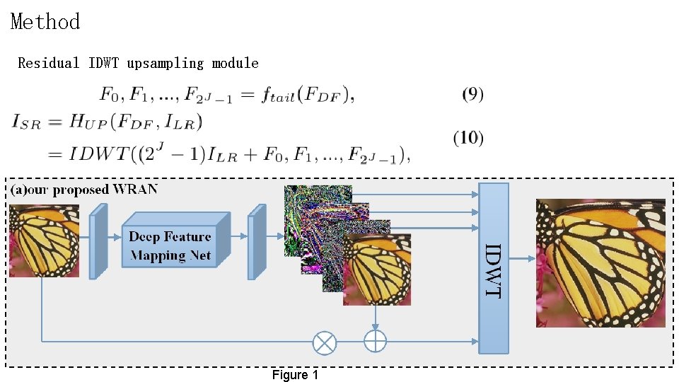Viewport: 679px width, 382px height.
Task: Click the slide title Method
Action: point(45,22)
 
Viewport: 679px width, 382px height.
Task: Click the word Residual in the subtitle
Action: point(49,64)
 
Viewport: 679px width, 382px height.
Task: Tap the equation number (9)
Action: point(472,94)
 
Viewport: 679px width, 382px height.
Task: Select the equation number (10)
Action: point(468,138)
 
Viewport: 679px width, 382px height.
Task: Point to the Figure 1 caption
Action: point(295,375)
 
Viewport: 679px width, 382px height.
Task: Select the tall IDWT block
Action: point(494,269)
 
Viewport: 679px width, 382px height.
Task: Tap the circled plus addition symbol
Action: point(375,340)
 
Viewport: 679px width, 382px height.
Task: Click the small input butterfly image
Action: point(44,240)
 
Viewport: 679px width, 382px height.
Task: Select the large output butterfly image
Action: point(600,262)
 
